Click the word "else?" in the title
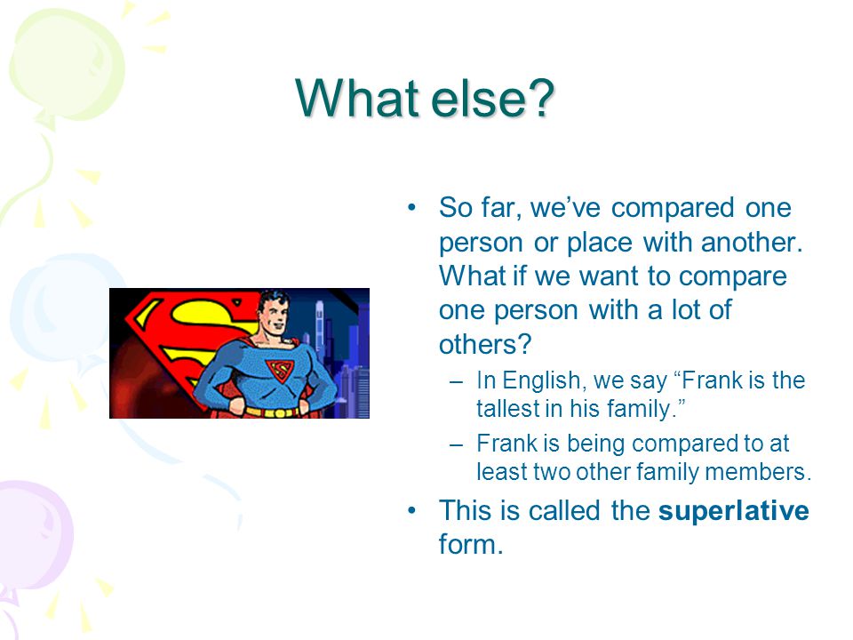[492, 99]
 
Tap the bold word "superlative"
[733, 511]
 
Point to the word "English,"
[545, 381]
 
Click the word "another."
[752, 242]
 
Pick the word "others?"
[485, 344]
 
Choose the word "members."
[758, 471]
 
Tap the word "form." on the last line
[471, 544]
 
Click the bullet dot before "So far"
[411, 207]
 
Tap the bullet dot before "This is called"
[411, 510]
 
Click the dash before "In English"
[456, 382]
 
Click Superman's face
[274, 315]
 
